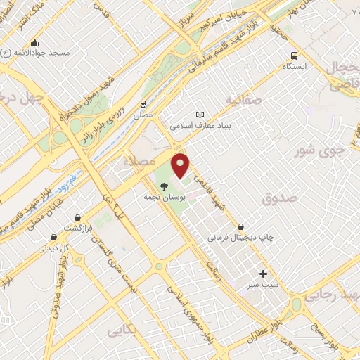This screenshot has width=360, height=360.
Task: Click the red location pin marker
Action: pyautogui.click(x=181, y=165)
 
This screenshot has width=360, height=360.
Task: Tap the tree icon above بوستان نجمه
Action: pyautogui.click(x=164, y=186)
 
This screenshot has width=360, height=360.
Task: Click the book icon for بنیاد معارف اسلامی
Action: pyautogui.click(x=200, y=115)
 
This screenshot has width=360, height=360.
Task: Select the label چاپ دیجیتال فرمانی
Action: pyautogui.click(x=241, y=238)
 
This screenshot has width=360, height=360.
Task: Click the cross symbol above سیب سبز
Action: pyautogui.click(x=264, y=273)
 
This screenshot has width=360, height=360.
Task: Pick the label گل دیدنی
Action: pyautogui.click(x=53, y=247)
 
